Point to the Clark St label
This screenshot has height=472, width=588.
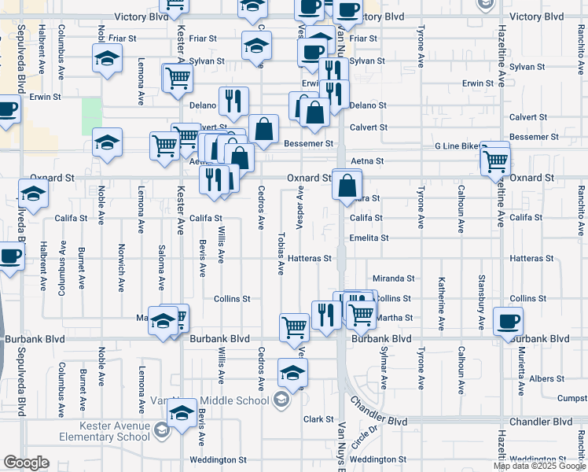point(319,419)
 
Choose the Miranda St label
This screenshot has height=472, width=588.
point(393,278)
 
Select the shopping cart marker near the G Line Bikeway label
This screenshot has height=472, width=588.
point(495,160)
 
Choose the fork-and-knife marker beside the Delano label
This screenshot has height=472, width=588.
point(233,100)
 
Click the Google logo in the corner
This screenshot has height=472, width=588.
point(26,463)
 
